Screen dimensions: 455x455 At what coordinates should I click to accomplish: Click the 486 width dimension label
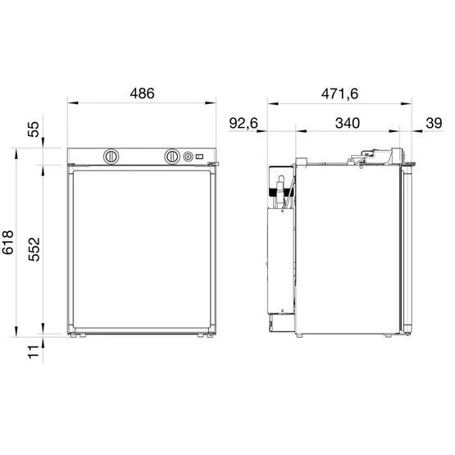click(x=142, y=93)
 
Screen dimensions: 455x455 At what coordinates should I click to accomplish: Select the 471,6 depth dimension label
click(x=339, y=93)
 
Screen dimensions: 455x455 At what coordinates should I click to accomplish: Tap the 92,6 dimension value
click(x=243, y=123)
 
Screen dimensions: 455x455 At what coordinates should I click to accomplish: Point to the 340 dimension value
click(x=348, y=123)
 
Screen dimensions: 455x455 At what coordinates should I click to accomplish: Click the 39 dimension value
click(x=434, y=123)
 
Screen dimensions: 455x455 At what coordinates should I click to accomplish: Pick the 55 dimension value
click(x=34, y=130)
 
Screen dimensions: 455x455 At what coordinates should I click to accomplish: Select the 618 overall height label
click(x=8, y=243)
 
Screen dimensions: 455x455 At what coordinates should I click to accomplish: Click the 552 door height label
click(x=34, y=249)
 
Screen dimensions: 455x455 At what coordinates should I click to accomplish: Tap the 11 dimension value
click(x=34, y=352)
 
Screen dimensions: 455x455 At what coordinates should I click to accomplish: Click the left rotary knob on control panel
click(x=111, y=157)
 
